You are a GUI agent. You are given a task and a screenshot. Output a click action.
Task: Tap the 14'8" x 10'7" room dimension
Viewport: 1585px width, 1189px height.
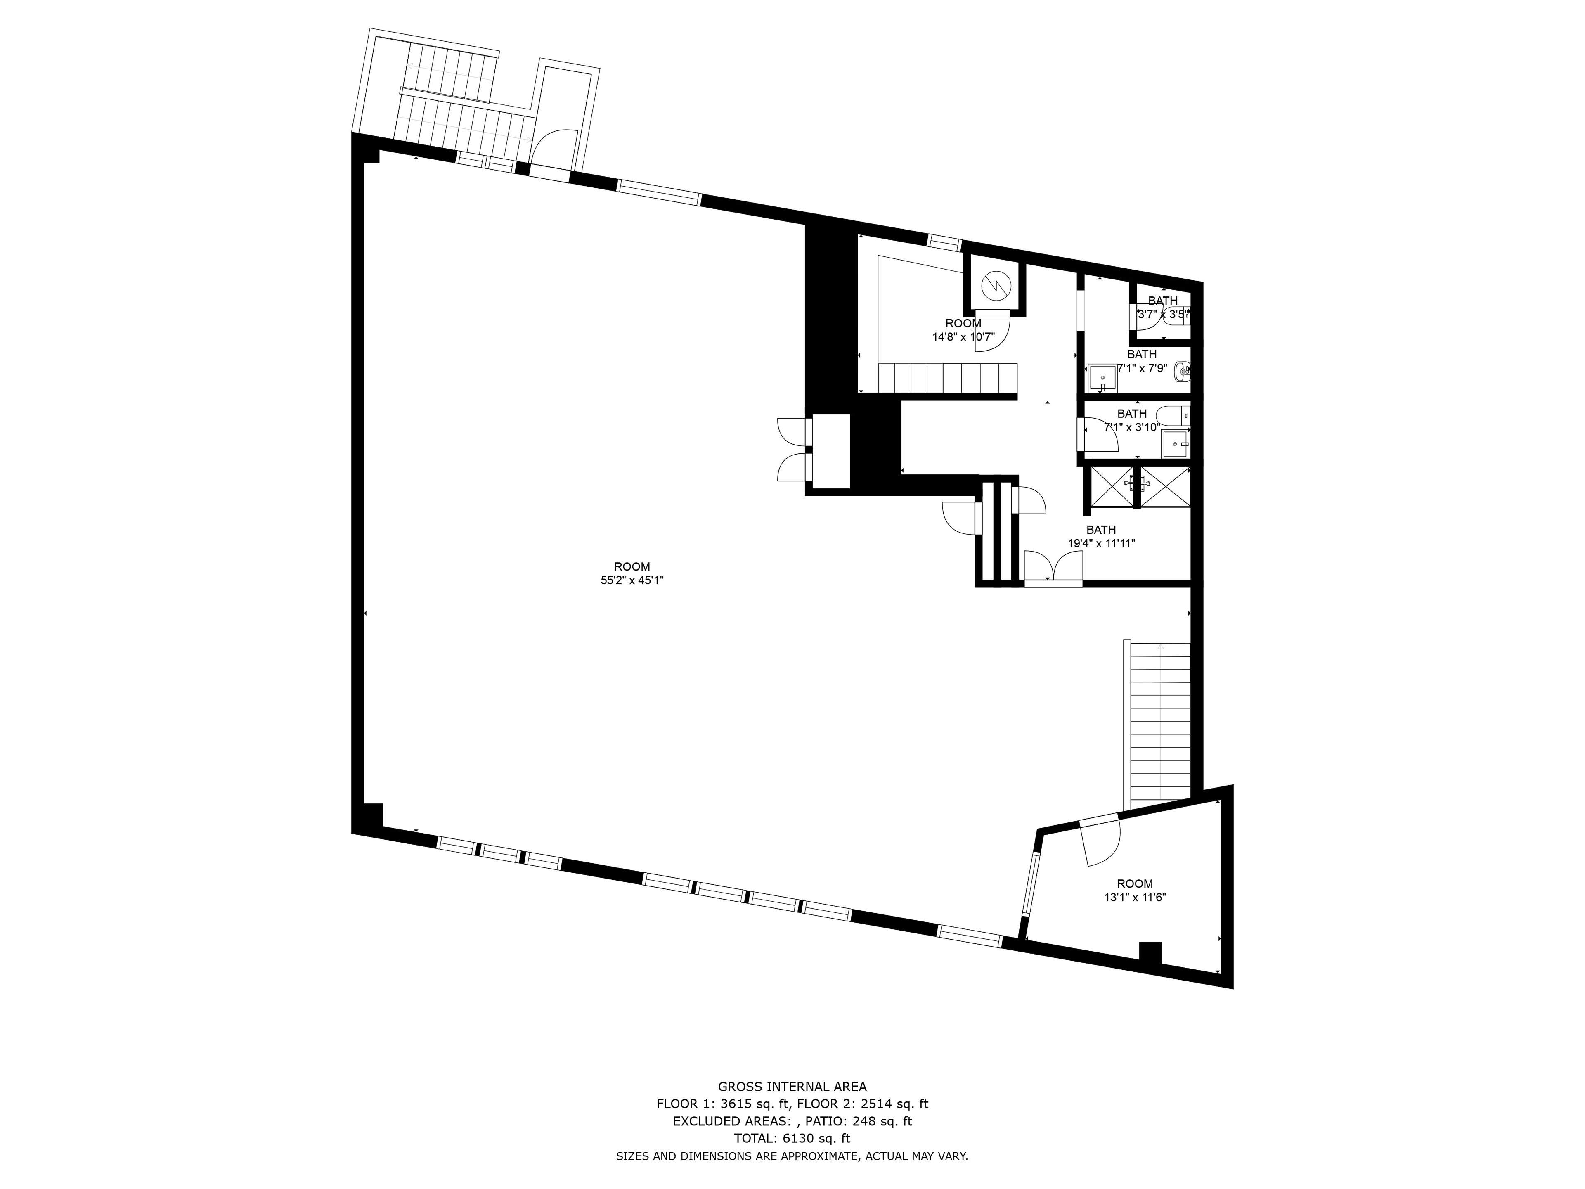coord(963,337)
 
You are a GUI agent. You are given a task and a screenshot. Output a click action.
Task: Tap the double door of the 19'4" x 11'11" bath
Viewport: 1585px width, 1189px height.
coord(1053,566)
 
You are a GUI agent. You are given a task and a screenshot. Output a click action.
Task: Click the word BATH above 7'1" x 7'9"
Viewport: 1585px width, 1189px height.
coord(1141,354)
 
